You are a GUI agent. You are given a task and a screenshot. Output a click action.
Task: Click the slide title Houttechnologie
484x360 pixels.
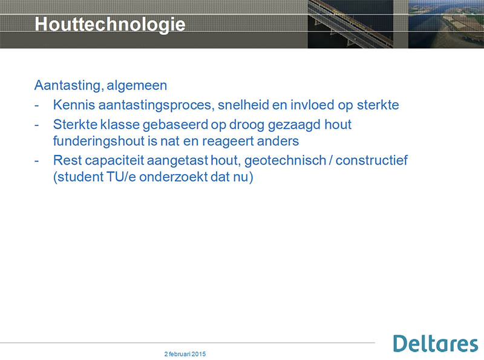tap(110, 24)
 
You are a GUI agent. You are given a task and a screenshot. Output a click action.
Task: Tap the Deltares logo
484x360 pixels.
tap(436, 344)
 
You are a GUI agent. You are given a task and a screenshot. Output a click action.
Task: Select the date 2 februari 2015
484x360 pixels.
tap(185, 354)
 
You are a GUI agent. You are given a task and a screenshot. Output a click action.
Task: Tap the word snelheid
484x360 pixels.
tap(243, 105)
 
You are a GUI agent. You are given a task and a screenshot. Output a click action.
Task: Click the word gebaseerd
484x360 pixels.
tap(175, 125)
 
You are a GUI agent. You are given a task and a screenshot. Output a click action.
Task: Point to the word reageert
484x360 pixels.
tap(227, 142)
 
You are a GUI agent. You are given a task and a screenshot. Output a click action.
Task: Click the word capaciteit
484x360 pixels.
tap(114, 160)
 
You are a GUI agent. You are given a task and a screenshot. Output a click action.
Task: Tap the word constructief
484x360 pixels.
tap(371, 160)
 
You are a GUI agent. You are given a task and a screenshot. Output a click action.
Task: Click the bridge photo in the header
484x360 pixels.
tap(350, 24)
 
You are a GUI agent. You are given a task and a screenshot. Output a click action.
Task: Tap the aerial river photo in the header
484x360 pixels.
tap(446, 24)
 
